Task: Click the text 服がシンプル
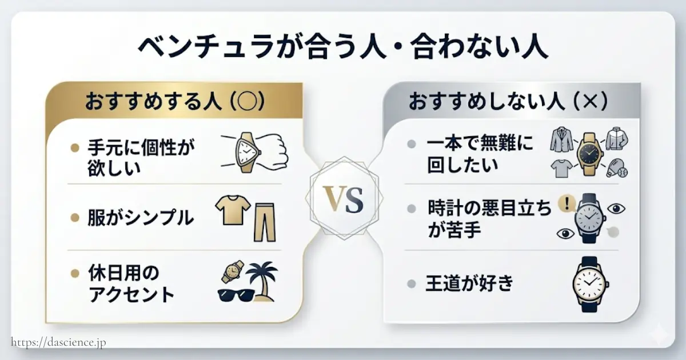point(141,218)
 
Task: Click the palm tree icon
point(262,279)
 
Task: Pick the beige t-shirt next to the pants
point(232,210)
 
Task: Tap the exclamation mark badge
point(567,204)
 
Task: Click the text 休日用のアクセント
point(131,283)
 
